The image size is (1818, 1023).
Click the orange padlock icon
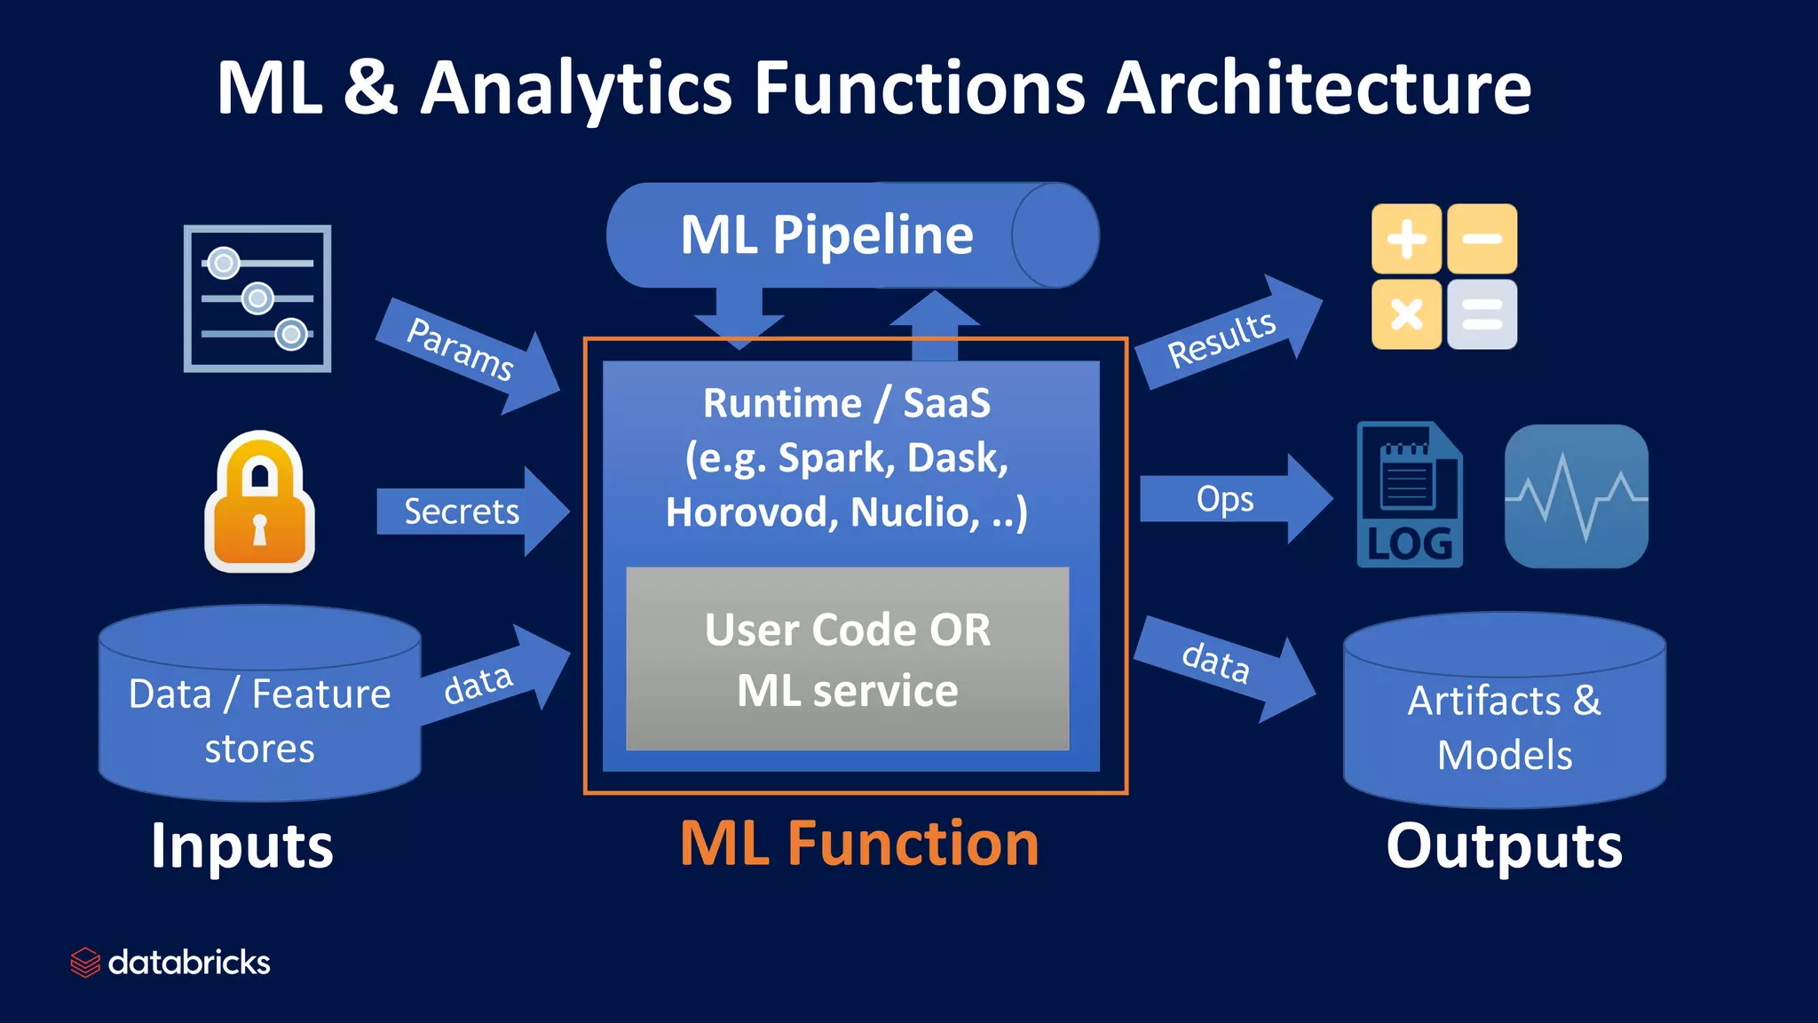[259, 503]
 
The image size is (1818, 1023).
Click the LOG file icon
[1409, 496]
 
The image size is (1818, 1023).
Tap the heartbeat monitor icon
[1576, 496]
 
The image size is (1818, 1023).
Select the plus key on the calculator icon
[1406, 239]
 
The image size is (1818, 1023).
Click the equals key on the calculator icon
[1482, 314]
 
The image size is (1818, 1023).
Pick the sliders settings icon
[257, 298]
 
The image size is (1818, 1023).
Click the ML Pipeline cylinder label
[826, 235]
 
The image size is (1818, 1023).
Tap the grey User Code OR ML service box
[847, 659]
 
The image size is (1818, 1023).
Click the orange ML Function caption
[858, 844]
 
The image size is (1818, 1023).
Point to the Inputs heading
[241, 845]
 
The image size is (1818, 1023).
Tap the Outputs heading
[1504, 845]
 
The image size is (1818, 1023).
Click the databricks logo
[170, 963]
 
